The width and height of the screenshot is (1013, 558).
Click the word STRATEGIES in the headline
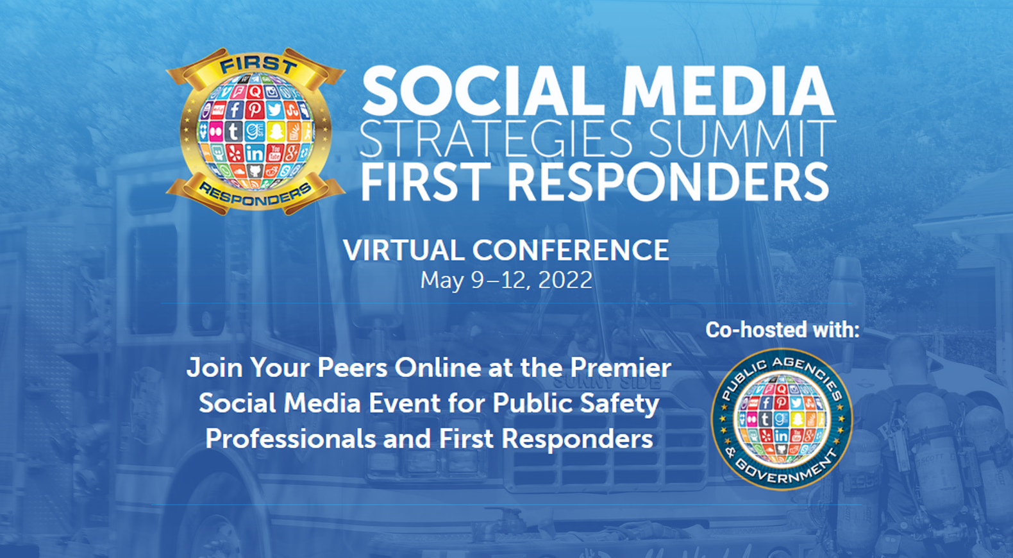click(x=496, y=138)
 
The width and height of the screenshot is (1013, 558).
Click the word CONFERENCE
click(x=571, y=250)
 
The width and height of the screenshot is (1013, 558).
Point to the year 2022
click(x=565, y=280)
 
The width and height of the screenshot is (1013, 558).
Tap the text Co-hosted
click(x=756, y=330)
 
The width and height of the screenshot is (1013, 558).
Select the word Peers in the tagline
click(x=352, y=368)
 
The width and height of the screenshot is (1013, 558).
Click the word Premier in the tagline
click(x=621, y=368)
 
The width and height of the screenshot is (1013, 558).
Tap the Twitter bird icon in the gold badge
click(x=274, y=110)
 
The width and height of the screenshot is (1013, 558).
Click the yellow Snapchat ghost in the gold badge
click(x=275, y=131)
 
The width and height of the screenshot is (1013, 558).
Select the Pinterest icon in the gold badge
click(x=255, y=110)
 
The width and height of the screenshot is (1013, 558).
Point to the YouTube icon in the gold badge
click(x=274, y=153)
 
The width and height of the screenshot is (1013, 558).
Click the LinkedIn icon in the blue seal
click(x=781, y=435)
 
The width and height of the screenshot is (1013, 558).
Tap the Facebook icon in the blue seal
click(x=766, y=403)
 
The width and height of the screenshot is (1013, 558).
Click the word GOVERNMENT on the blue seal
click(x=787, y=471)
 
